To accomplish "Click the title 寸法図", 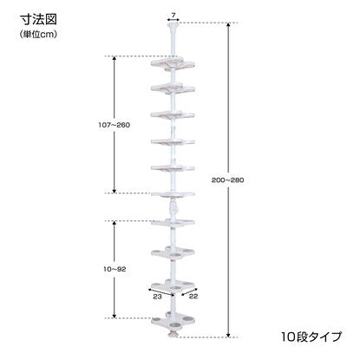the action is (x=38, y=19).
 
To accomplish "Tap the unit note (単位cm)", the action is (x=38, y=34).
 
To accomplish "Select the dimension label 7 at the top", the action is (x=173, y=16).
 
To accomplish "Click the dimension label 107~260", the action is (x=115, y=125).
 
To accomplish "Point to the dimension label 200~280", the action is (x=228, y=180).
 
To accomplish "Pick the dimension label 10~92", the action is (x=115, y=269).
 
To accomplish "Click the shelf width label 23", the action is (x=157, y=297).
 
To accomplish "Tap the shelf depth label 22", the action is (x=193, y=296).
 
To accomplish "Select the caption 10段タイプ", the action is (x=311, y=337).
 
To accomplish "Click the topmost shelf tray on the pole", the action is (x=173, y=64).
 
